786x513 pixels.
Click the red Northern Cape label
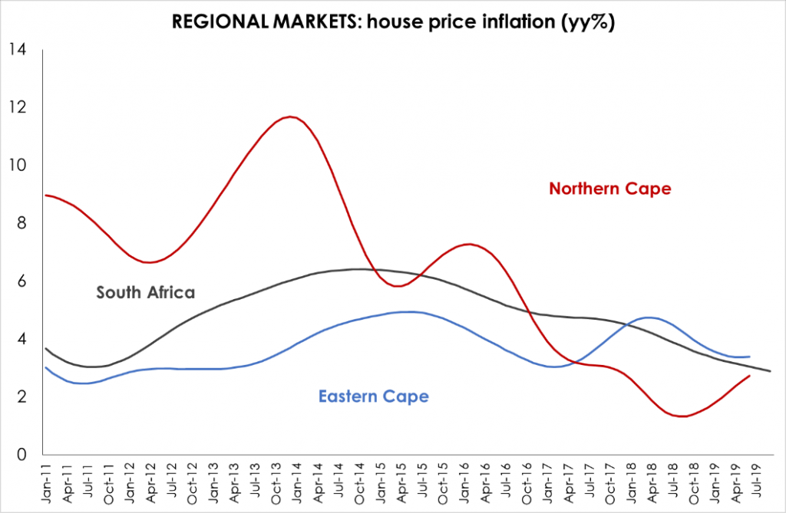tap(609, 188)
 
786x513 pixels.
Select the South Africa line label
tap(146, 291)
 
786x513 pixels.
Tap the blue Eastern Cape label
tap(373, 396)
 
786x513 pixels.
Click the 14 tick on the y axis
tap(17, 50)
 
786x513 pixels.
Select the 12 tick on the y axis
tap(17, 107)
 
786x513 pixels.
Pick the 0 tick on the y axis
tap(21, 455)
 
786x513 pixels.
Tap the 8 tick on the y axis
tap(21, 223)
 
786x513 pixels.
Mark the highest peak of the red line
tap(289, 117)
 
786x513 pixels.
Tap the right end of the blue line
tap(749, 356)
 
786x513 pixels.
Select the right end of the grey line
tap(770, 371)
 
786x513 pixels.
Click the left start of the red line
tap(46, 195)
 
